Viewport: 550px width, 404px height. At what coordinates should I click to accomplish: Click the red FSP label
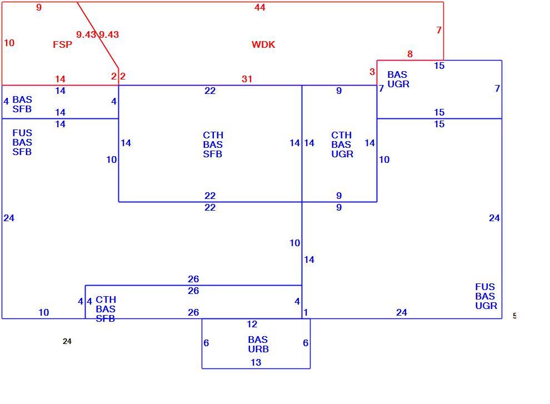(x=62, y=44)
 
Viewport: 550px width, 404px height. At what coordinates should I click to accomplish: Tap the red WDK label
(x=263, y=44)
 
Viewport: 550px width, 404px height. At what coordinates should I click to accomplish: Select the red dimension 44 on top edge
(x=260, y=7)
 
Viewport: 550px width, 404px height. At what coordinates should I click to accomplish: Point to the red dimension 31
(x=247, y=79)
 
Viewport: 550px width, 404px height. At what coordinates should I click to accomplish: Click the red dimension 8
(x=409, y=54)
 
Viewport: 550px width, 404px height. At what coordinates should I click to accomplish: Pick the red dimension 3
(x=372, y=72)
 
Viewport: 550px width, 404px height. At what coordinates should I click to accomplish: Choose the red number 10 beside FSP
(x=9, y=43)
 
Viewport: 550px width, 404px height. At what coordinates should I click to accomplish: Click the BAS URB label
(x=258, y=345)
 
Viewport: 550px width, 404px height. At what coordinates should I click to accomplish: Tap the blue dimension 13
(x=256, y=362)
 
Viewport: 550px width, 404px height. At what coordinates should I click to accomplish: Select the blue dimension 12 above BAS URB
(x=252, y=324)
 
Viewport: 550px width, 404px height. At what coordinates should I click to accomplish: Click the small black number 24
(x=67, y=341)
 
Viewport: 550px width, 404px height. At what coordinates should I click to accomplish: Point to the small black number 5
(x=514, y=316)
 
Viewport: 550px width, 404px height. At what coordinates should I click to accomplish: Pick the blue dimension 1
(x=306, y=312)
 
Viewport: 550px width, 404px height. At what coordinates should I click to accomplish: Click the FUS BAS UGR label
(x=486, y=296)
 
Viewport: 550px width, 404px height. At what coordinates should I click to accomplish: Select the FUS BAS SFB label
(x=22, y=142)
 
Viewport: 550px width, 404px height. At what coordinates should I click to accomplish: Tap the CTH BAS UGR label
(x=342, y=144)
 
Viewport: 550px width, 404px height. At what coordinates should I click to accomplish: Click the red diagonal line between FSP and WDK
(x=98, y=35)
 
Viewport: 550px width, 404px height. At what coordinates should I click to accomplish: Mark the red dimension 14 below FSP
(x=61, y=79)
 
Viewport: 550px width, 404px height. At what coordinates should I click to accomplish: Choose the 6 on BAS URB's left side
(x=206, y=343)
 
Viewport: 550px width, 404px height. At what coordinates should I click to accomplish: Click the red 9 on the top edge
(x=39, y=7)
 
